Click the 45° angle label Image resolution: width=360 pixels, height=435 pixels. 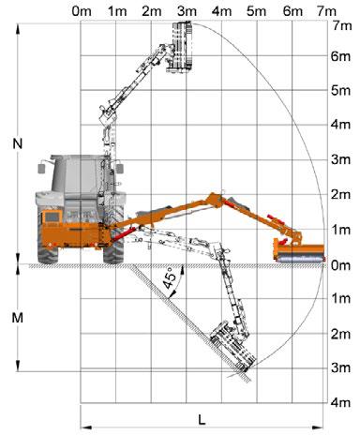(x=170, y=277)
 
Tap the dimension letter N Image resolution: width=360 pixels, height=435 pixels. (x=18, y=143)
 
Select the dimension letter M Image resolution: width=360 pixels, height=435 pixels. (x=18, y=318)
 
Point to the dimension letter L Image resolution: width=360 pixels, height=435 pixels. (x=202, y=419)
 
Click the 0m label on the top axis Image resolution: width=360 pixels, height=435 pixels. (x=82, y=11)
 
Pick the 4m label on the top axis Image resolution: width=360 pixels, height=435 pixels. (x=222, y=11)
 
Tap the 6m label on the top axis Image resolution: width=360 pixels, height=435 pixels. (x=292, y=11)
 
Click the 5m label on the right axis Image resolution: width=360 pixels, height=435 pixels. (x=340, y=90)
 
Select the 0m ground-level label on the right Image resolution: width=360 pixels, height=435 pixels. (x=340, y=265)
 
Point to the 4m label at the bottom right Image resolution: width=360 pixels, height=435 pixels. (x=340, y=402)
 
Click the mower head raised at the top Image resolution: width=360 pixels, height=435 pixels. (x=181, y=47)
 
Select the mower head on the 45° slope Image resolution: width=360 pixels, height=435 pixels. (x=232, y=346)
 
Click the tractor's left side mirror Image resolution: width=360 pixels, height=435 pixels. (x=41, y=168)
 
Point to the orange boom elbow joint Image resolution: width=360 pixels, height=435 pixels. (x=215, y=200)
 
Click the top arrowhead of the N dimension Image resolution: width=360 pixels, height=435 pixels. (x=18, y=29)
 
